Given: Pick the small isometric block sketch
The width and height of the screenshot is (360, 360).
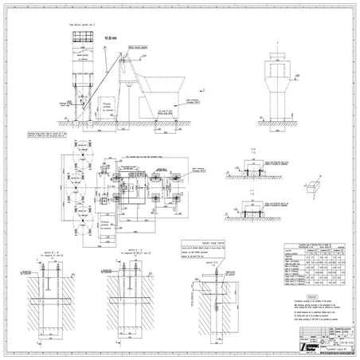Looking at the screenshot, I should point(309,185).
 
